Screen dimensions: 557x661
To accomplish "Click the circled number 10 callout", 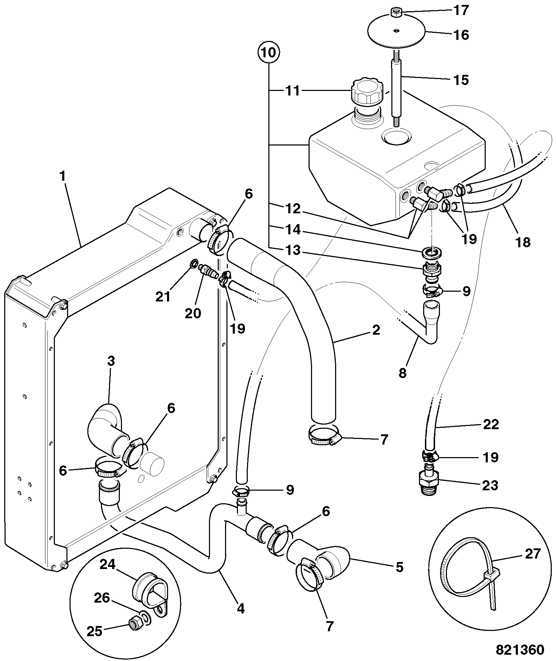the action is point(269,53).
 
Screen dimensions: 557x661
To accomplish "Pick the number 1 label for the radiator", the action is point(63,177).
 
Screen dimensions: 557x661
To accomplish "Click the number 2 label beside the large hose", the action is point(376,330).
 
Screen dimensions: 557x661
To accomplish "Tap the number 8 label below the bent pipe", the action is point(403,373).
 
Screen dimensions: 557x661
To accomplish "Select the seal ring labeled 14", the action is point(433,252).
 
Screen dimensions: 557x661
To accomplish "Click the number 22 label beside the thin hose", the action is point(491,425).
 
